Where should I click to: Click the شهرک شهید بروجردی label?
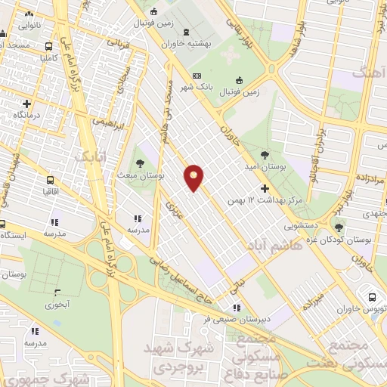[178, 359]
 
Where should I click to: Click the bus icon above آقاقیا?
[50, 181]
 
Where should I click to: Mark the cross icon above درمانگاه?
[27, 104]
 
